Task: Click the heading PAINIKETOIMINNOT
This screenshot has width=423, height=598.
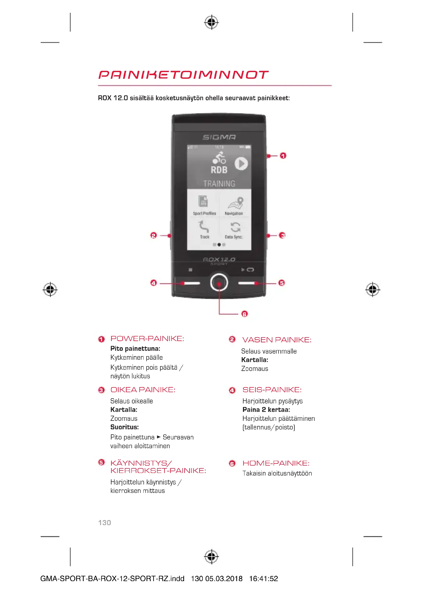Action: [183, 75]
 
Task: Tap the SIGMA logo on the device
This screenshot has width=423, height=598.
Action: [219, 137]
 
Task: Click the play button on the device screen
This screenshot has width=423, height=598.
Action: [241, 164]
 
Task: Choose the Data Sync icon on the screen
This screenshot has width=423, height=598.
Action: [236, 227]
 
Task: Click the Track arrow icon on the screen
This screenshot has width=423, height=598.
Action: [204, 226]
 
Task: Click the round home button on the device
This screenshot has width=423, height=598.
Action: [219, 283]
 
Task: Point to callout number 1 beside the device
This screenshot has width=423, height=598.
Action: [283, 156]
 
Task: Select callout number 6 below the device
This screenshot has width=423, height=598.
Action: [244, 314]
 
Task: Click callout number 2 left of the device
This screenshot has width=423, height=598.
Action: [153, 235]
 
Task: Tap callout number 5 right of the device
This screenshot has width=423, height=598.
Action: [282, 283]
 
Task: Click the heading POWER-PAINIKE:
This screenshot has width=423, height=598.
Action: [147, 339]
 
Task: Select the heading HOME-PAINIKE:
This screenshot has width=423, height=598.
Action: [276, 463]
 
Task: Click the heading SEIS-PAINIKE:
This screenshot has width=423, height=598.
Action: [272, 390]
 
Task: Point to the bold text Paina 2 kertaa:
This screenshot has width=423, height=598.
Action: [266, 410]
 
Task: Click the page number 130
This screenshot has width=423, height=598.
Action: [104, 523]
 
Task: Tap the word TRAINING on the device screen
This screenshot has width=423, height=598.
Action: [219, 184]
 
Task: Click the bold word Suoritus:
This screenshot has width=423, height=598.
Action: [125, 427]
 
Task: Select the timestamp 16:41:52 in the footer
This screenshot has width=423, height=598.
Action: [263, 579]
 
